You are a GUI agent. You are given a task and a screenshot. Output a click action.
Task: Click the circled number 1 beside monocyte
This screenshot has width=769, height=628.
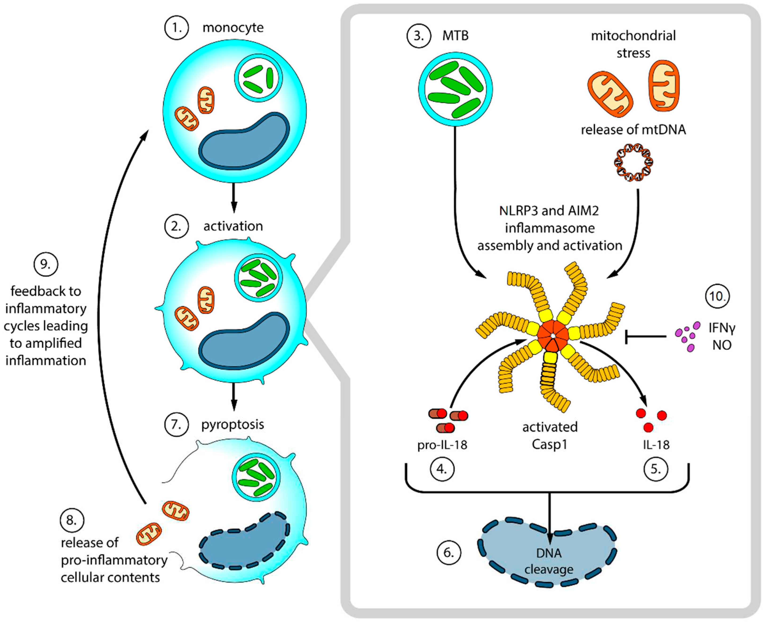click(176, 28)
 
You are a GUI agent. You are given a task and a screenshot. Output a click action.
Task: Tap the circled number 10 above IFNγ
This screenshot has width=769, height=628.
click(717, 296)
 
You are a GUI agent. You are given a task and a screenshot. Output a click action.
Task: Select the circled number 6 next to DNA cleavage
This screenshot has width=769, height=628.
click(449, 553)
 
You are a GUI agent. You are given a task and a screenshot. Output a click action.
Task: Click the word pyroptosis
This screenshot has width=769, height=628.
click(232, 424)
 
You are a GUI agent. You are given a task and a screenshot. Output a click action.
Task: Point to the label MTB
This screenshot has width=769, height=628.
click(455, 36)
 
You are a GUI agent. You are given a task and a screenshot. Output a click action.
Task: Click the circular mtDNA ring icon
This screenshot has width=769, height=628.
click(633, 162)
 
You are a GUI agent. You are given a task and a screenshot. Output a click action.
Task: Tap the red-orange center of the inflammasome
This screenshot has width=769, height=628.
click(553, 335)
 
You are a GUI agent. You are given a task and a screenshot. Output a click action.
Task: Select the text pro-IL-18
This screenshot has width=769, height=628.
click(442, 445)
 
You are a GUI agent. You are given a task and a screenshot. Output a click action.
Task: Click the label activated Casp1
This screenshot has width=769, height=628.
click(549, 435)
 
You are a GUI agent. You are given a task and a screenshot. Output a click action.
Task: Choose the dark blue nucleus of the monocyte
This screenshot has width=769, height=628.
click(244, 142)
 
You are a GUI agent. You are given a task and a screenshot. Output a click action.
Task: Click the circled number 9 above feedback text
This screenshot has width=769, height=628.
click(46, 264)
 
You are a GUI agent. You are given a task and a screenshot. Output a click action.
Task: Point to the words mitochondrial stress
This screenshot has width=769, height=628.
click(633, 44)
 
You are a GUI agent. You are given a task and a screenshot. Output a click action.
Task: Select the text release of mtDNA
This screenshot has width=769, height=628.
click(633, 129)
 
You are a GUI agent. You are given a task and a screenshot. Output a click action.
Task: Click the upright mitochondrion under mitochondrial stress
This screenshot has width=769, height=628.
click(664, 86)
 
